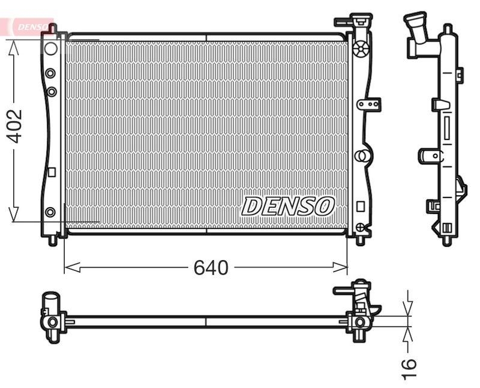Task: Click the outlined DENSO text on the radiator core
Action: click(x=287, y=207)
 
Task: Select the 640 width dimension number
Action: click(x=211, y=267)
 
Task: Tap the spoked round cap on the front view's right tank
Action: click(x=360, y=49)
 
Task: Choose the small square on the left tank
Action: click(x=51, y=172)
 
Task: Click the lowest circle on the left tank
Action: click(x=50, y=211)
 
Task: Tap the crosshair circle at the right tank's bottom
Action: click(x=359, y=227)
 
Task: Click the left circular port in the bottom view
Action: click(x=52, y=322)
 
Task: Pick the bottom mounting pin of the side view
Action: click(x=446, y=241)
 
